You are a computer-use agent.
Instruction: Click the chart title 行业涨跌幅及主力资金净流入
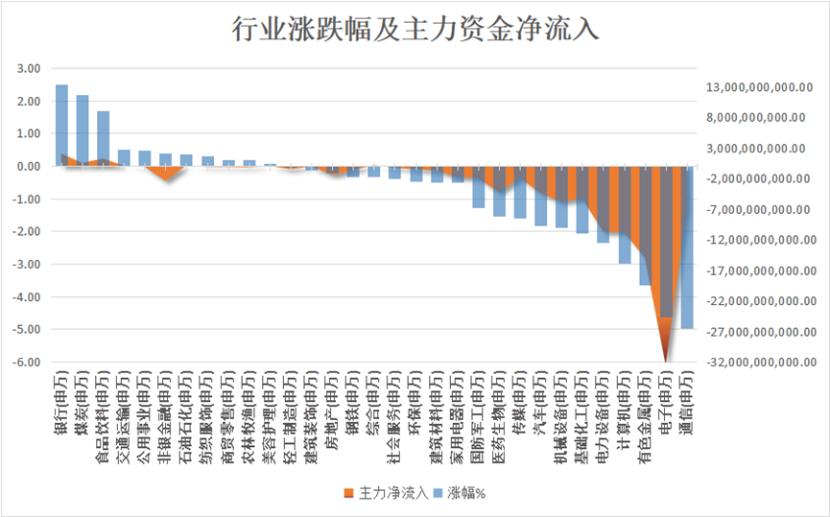(x=415, y=29)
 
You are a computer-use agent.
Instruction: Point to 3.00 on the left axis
(x=29, y=69)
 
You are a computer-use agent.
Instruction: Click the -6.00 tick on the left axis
(x=27, y=363)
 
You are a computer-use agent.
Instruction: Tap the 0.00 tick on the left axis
(x=29, y=167)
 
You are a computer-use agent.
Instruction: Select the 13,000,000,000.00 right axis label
(x=760, y=87)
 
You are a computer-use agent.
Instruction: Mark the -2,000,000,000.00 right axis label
(x=760, y=179)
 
